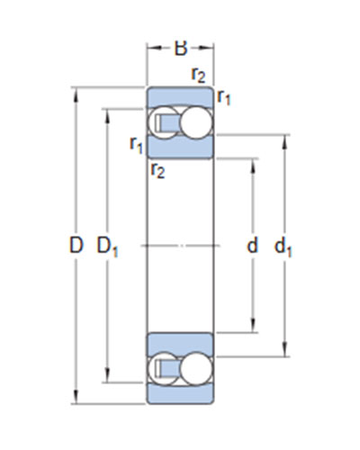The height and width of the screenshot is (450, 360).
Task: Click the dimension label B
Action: click(x=181, y=49)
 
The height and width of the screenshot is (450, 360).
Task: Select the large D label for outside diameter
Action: click(x=76, y=245)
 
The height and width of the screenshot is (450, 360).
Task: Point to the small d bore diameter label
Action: click(x=252, y=245)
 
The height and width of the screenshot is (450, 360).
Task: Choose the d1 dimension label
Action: click(x=283, y=247)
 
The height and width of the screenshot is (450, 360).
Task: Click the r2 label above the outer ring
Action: click(x=198, y=75)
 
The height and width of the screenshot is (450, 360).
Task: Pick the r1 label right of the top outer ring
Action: click(x=224, y=97)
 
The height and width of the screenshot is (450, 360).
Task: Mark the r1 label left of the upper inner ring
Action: click(x=137, y=145)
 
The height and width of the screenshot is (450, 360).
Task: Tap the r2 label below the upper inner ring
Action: click(x=158, y=171)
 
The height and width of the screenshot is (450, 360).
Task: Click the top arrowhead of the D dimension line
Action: click(x=76, y=94)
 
